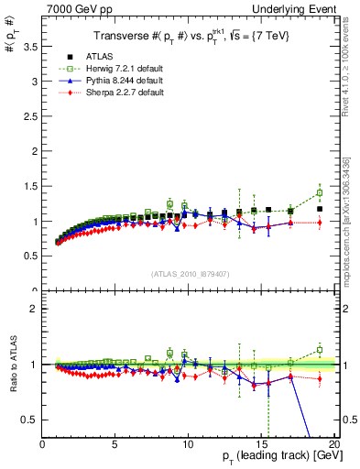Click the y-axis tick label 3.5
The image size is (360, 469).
point(31,47)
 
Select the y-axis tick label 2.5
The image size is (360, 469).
point(31,116)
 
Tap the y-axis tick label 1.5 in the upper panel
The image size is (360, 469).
point(31,187)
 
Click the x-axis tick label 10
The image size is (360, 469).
point(188,444)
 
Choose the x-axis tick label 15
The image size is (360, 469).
point(260,444)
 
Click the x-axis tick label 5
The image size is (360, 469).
point(115,444)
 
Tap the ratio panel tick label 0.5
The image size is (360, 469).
point(31,420)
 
